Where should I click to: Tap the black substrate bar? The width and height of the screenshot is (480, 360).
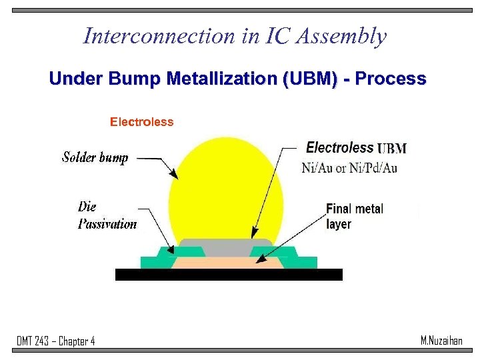[x=229, y=275]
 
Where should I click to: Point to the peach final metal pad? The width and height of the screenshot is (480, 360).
[x=227, y=263]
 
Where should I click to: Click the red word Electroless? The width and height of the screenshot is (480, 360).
[x=141, y=122]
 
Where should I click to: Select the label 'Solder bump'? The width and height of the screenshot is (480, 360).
[x=95, y=157]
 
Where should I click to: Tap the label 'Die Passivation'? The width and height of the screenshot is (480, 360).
[x=107, y=215]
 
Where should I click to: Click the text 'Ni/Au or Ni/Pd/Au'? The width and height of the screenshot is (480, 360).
[x=349, y=168]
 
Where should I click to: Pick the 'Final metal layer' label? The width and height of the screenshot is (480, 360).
[x=354, y=216]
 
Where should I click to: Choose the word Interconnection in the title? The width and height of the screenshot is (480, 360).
[x=149, y=36]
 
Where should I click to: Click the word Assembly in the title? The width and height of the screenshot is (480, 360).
[x=343, y=37]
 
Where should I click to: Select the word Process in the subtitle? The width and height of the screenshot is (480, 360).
[x=391, y=79]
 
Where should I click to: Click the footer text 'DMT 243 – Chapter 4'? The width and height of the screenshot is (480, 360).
[x=55, y=341]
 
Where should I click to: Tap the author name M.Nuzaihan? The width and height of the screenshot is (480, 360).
[x=441, y=341]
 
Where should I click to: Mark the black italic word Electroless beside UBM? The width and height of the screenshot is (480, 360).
[x=339, y=148]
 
